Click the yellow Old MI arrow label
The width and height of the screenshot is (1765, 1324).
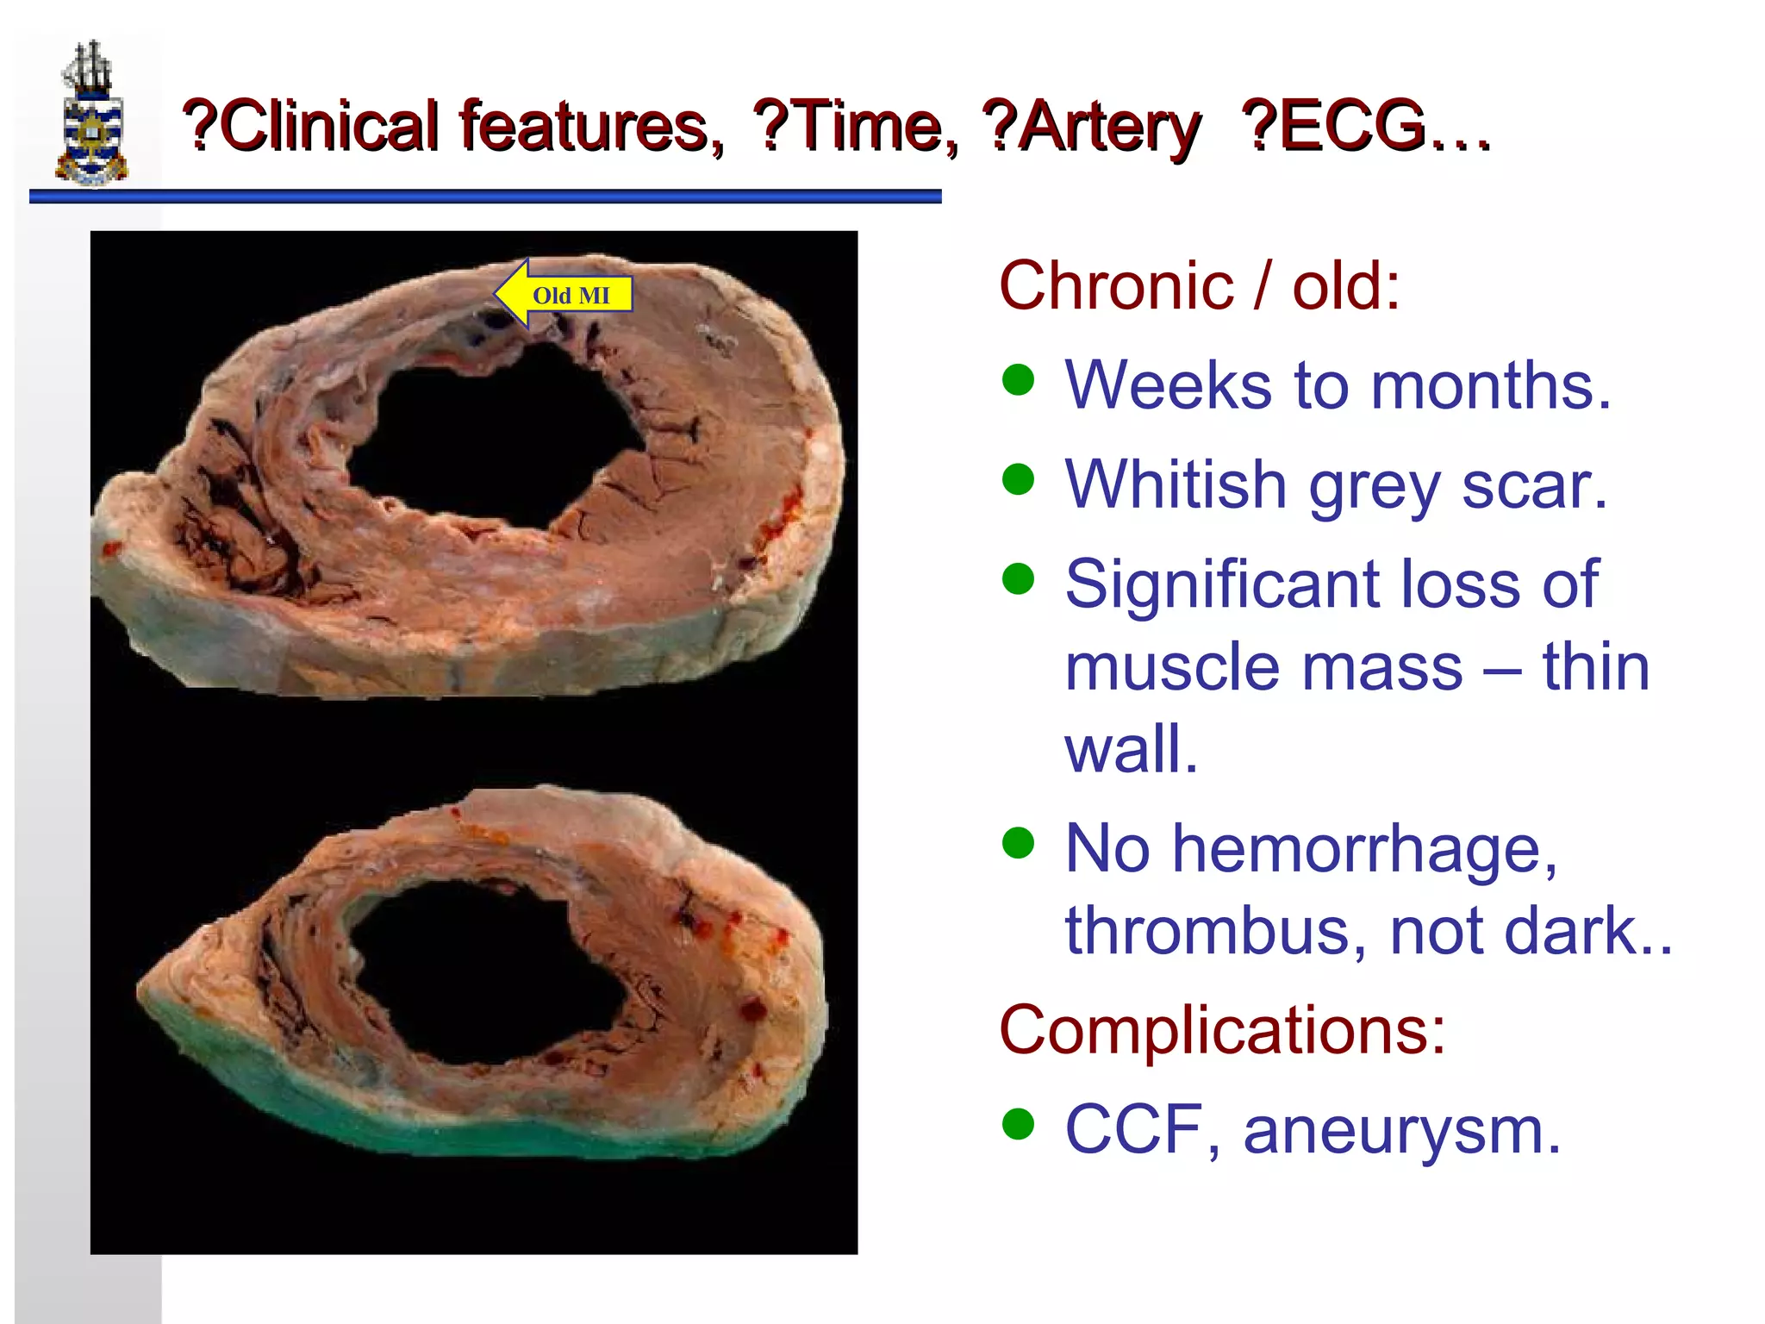click(564, 295)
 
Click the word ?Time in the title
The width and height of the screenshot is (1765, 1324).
click(853, 127)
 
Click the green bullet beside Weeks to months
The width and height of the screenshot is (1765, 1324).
click(1018, 379)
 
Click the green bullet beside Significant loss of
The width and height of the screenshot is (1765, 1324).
click(1018, 579)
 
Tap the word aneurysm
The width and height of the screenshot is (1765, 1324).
click(1401, 1130)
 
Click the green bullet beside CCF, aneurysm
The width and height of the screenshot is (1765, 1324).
click(1018, 1124)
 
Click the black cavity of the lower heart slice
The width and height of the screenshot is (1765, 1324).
click(483, 974)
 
